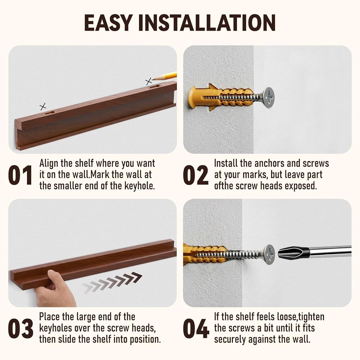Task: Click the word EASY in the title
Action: (x=108, y=22)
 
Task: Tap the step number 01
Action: (x=20, y=175)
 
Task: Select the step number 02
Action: (x=195, y=175)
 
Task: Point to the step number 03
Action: (x=21, y=329)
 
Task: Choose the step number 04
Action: (x=196, y=329)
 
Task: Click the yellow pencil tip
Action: (x=153, y=79)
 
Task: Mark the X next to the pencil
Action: (x=149, y=81)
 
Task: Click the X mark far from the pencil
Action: (x=43, y=107)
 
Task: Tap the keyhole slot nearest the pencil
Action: (x=155, y=87)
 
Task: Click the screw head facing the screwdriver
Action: (x=269, y=255)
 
